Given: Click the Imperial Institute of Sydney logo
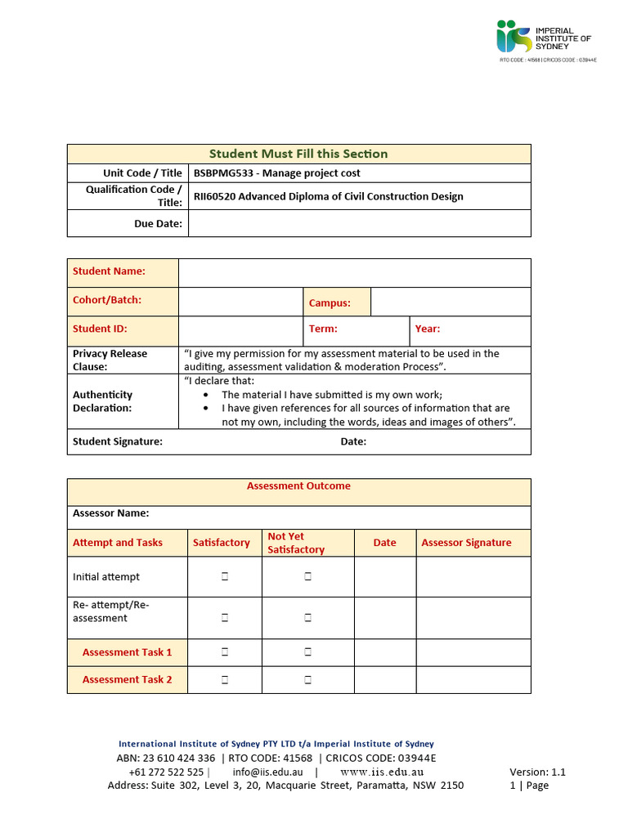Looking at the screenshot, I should tap(545, 38).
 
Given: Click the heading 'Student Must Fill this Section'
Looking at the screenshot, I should tap(298, 154).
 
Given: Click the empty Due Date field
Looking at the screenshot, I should tap(359, 223).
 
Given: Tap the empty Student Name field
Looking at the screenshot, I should tap(354, 272).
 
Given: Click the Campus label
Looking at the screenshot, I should tap(330, 303).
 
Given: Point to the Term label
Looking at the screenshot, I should tap(323, 329).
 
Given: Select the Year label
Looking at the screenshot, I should tap(427, 329).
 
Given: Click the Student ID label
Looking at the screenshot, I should tap(100, 329).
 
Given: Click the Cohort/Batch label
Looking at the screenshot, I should tap(107, 300).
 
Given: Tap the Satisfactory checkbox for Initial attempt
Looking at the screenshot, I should tap(224, 577).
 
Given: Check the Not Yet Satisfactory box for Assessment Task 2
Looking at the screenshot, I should tap(308, 680).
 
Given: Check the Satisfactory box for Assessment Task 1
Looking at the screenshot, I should tap(224, 652).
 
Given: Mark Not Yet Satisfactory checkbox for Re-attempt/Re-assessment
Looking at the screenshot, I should tap(308, 619).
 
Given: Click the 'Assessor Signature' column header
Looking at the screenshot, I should tap(466, 543).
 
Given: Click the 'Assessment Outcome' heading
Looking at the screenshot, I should tap(298, 486).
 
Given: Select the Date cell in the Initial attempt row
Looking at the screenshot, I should tap(384, 577).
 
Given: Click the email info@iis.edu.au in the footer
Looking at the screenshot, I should tap(267, 772).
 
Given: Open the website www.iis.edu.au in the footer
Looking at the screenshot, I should tap(382, 772).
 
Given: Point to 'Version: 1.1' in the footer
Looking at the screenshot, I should tap(537, 772).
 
